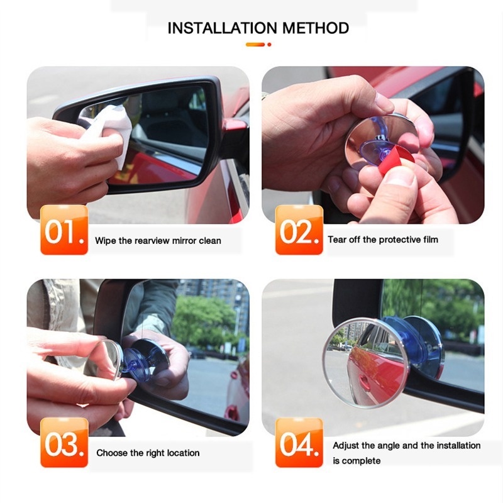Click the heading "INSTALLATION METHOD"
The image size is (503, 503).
258,28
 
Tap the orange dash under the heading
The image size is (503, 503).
255,45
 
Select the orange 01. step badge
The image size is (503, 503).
64,230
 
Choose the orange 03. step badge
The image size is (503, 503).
64,443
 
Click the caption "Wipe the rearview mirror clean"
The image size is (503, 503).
158,240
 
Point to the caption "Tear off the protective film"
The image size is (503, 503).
383,240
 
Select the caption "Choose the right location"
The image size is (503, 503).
148,453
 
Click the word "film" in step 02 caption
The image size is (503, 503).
429,240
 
